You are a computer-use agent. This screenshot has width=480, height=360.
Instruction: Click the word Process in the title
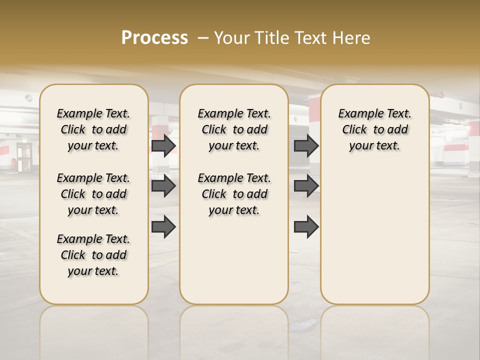(154, 37)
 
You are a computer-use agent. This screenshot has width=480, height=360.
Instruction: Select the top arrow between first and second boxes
(163, 145)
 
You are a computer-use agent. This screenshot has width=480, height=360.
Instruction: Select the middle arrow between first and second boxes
(163, 186)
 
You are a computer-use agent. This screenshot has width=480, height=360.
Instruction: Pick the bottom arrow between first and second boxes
(163, 226)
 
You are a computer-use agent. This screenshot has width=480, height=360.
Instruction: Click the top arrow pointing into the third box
(306, 145)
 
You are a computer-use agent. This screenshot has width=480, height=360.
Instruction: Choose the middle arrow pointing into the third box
(306, 186)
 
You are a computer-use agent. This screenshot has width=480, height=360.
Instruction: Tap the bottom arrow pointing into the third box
(306, 226)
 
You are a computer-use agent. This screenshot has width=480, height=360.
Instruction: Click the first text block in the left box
(93, 129)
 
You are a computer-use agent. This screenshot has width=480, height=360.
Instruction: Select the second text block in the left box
(93, 194)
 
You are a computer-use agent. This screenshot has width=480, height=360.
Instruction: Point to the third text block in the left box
(93, 255)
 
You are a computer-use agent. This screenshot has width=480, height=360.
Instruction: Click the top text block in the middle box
(234, 129)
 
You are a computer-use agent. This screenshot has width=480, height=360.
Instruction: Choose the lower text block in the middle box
(234, 194)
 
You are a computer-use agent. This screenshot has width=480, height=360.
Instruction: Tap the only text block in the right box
(374, 129)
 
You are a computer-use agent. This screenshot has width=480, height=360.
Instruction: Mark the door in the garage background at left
(23, 156)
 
